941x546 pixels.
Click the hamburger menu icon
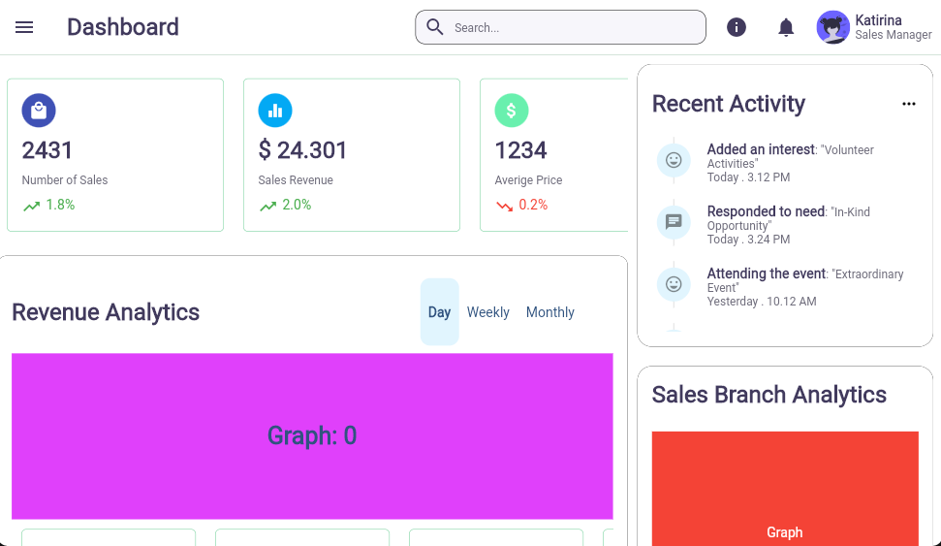point(24,27)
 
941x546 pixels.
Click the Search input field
point(572,27)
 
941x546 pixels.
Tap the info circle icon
point(737,27)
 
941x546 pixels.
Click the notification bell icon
point(786,27)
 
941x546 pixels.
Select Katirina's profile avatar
point(832,27)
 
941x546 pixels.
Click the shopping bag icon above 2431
point(39,111)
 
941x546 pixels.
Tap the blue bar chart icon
point(275,111)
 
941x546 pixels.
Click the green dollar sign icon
point(512,111)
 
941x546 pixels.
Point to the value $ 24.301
point(302,150)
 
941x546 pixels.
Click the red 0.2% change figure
point(532,205)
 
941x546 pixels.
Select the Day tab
point(439,312)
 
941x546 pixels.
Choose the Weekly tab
point(487,312)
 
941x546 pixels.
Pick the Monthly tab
point(549,312)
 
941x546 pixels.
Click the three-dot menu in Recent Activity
point(908,104)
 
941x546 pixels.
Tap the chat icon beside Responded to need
point(674,221)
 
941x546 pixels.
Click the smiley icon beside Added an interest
point(674,159)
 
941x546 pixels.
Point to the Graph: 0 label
point(312,436)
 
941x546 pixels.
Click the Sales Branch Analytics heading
point(769,395)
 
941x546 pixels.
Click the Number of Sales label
point(65,180)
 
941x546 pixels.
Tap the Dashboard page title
point(123,27)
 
